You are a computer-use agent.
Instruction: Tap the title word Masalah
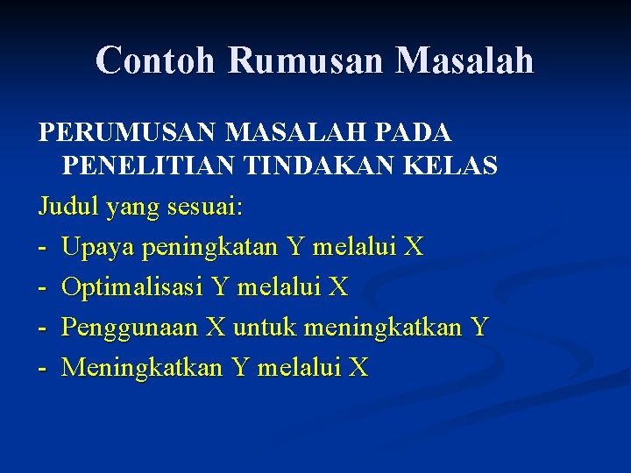pos(464,60)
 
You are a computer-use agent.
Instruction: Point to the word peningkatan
pos(208,248)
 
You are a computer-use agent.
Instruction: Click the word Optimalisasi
pos(132,287)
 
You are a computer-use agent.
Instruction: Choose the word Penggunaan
pos(130,328)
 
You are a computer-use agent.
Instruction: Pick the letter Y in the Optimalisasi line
pos(221,287)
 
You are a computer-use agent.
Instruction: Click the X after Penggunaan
pos(215,328)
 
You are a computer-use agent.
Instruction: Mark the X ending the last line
pos(358,368)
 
